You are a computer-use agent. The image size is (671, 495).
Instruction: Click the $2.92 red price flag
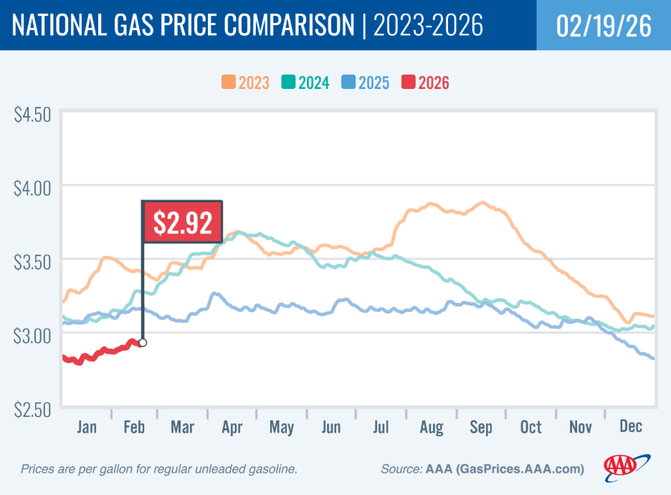[x=181, y=222]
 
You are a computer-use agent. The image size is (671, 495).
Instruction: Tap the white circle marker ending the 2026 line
[x=143, y=343]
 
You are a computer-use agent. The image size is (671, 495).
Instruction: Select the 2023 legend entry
[x=245, y=82]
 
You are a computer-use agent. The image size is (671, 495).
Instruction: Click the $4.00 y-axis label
[x=33, y=188]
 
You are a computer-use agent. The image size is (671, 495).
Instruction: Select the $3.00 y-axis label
[x=33, y=335]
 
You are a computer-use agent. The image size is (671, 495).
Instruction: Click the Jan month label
[x=86, y=428]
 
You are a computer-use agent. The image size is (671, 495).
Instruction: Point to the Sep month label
[x=481, y=428]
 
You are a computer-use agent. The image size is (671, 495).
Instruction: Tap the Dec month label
[x=630, y=428]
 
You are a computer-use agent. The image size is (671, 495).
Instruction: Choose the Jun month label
[x=331, y=428]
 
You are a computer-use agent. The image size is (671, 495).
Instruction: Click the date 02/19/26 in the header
[x=604, y=26]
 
